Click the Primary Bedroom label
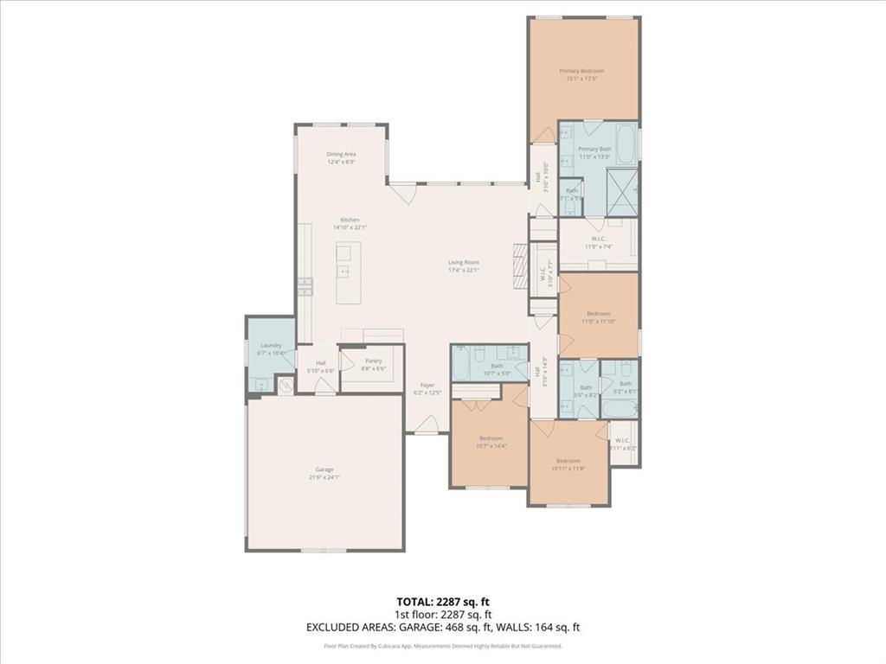581,71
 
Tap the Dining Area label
341,154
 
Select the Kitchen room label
350,220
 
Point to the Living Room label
463,262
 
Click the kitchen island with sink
344,271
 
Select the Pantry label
374,361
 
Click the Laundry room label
271,345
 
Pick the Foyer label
427,385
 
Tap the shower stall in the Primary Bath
622,190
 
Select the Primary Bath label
594,149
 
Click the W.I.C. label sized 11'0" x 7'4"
599,239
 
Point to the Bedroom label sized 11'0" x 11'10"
599,313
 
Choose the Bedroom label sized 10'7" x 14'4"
491,438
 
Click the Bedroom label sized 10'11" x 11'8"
570,460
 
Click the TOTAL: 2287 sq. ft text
442,602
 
